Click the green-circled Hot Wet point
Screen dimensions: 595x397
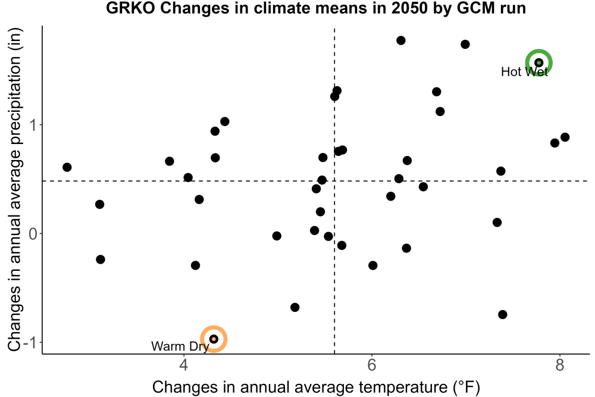538,62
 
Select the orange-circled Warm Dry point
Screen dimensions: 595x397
214,339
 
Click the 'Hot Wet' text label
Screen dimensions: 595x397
524,72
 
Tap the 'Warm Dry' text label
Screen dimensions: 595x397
180,346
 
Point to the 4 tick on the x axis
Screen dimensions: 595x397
184,365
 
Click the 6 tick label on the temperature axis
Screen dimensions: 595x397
372,365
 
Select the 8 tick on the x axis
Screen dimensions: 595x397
560,365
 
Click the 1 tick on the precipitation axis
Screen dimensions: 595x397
33,125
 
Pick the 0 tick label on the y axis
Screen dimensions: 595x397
33,233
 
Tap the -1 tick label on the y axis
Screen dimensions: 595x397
30,342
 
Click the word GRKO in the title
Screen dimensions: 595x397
130,8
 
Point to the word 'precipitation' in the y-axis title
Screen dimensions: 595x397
15,108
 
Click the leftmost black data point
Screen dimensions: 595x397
67,167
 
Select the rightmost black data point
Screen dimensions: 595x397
565,137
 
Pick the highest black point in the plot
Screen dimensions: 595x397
400,40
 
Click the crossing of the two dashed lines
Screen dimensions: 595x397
334,181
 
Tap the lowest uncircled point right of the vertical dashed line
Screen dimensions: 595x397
502,315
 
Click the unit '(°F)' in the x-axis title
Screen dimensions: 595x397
466,387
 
